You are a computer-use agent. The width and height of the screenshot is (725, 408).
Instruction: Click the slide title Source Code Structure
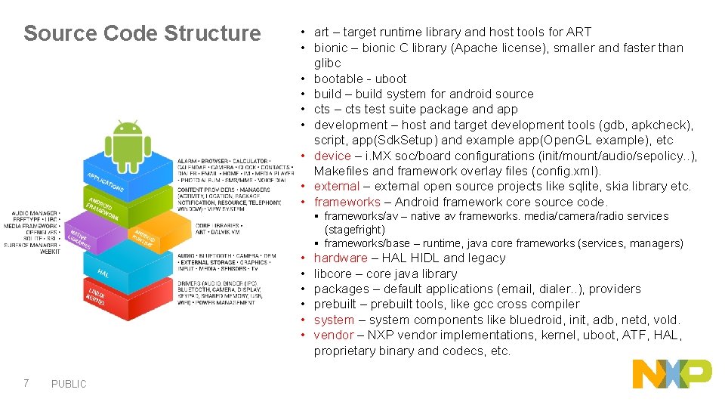142,34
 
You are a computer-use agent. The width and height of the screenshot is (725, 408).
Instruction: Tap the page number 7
26,383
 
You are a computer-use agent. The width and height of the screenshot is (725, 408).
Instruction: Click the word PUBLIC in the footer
69,384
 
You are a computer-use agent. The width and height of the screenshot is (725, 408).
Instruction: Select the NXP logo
671,374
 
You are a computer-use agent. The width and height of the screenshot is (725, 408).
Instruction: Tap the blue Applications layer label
106,181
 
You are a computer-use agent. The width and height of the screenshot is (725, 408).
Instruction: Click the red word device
332,156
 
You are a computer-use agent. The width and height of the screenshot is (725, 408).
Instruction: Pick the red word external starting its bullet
336,187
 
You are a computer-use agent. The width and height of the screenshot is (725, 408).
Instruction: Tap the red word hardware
341,258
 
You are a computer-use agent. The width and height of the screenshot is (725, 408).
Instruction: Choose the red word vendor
333,335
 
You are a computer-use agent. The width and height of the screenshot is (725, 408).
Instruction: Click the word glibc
328,63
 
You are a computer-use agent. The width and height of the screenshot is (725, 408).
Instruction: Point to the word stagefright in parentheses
355,230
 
